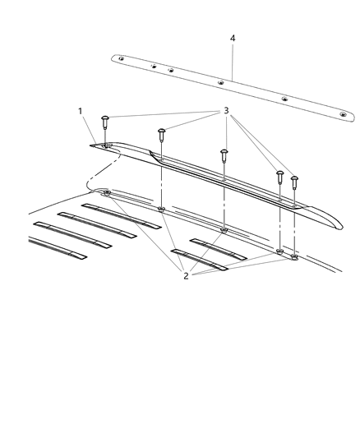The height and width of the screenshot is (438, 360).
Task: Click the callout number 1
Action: coord(80,110)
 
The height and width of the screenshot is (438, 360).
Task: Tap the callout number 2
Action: coord(187,276)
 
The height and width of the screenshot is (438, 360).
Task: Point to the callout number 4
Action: coord(233,39)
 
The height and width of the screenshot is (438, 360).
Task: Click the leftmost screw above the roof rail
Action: coord(106,122)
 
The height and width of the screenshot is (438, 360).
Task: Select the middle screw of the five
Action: coord(223,154)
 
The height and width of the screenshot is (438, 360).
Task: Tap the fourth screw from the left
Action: coord(280,176)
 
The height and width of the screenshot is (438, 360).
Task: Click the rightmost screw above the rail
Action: coord(294,178)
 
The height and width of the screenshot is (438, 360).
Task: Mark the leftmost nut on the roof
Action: coord(108,192)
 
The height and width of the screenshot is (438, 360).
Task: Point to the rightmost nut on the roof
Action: coord(294,257)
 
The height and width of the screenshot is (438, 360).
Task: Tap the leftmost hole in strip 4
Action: coord(121,58)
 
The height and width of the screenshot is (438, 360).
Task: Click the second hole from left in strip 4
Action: coord(154,66)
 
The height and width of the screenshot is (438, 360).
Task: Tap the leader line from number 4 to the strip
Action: coord(233,62)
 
